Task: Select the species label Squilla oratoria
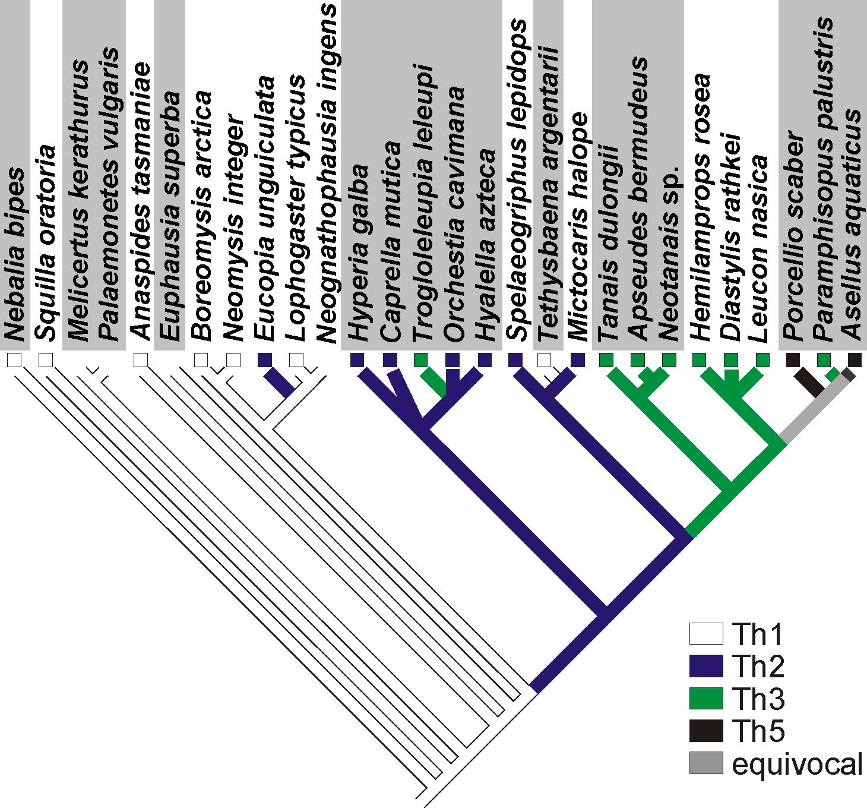[x=45, y=243]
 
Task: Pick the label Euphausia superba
[x=169, y=216]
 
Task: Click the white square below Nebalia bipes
[x=14, y=360]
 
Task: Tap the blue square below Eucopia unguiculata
[x=265, y=360]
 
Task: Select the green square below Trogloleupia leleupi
[x=420, y=360]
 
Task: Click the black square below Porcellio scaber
[x=793, y=360]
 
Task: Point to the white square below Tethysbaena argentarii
[x=544, y=360]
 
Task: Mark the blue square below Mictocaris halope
[x=578, y=360]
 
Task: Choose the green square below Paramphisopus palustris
[x=823, y=360]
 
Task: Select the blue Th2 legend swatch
[x=706, y=666]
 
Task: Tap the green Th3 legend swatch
[x=706, y=698]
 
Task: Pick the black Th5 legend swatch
[x=706, y=731]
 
